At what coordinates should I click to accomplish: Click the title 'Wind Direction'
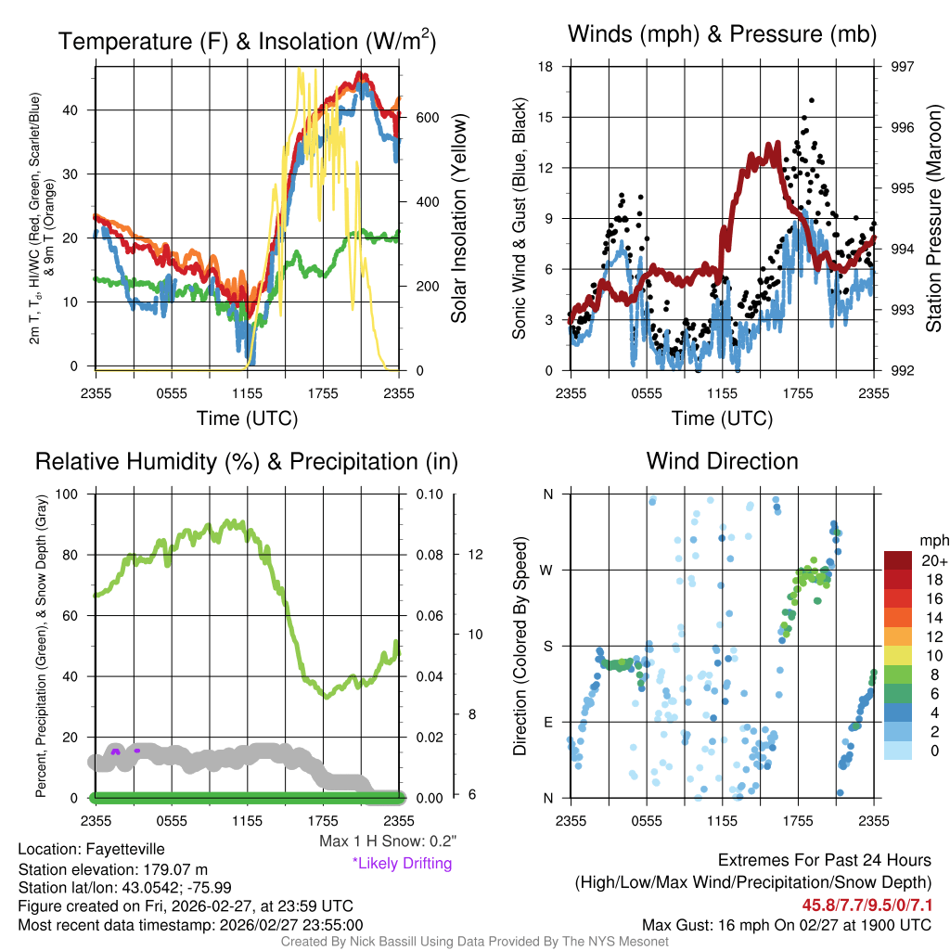722,461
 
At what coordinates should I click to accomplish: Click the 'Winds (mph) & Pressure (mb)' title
722,35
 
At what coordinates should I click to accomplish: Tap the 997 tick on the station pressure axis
902,67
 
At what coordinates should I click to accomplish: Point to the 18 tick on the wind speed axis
546,67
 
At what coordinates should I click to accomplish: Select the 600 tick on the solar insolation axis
427,118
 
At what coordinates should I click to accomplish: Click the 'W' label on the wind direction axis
547,570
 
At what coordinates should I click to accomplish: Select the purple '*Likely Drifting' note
402,864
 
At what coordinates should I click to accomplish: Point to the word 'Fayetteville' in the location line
126,849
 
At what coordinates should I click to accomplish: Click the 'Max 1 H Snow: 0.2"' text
387,841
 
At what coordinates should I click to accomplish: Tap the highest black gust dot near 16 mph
811,100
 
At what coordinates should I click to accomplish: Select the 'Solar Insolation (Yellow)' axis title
459,218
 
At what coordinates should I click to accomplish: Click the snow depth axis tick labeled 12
473,555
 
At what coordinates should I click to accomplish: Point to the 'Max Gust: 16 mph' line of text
787,925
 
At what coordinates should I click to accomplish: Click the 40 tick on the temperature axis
74,110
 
